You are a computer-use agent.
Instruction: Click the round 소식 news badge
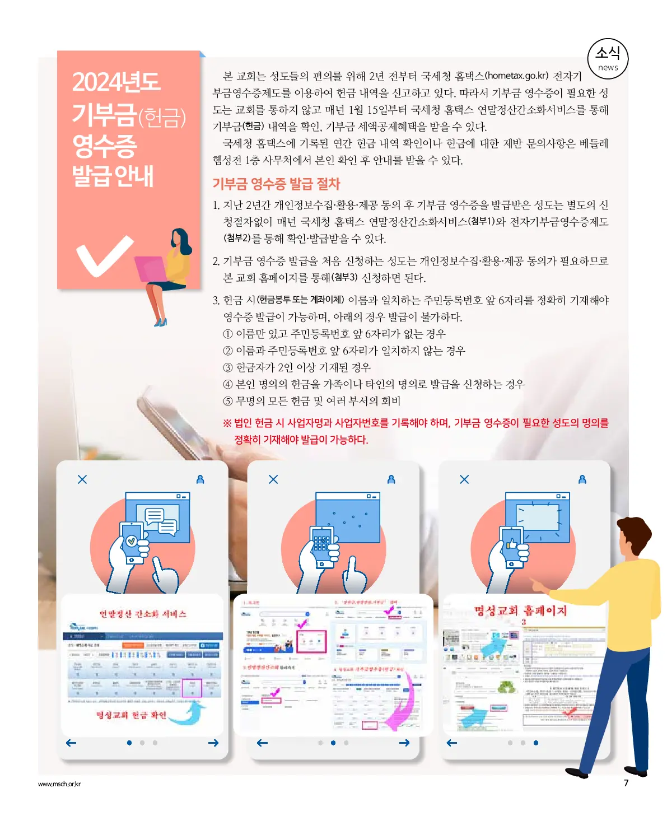pyautogui.click(x=608, y=58)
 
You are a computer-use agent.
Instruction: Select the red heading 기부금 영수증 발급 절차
pyautogui.click(x=276, y=184)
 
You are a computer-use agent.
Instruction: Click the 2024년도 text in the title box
pyautogui.click(x=116, y=82)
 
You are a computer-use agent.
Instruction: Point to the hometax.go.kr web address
pyautogui.click(x=516, y=76)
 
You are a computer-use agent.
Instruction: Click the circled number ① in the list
pyautogui.click(x=228, y=334)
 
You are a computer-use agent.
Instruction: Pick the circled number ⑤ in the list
pyautogui.click(x=228, y=401)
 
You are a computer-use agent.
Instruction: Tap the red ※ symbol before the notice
pyautogui.click(x=227, y=423)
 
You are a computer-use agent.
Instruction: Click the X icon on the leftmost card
pyautogui.click(x=82, y=479)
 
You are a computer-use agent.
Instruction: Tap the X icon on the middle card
pyautogui.click(x=273, y=479)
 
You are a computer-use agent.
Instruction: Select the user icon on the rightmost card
pyautogui.click(x=582, y=479)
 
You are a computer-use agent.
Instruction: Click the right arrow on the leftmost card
pyautogui.click(x=213, y=743)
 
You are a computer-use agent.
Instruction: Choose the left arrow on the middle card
pyautogui.click(x=262, y=743)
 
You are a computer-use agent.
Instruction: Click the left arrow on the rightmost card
pyautogui.click(x=452, y=743)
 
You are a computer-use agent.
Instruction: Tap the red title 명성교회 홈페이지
pyautogui.click(x=520, y=610)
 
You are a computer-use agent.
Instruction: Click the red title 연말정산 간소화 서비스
pyautogui.click(x=143, y=614)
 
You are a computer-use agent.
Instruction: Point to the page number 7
pyautogui.click(x=626, y=783)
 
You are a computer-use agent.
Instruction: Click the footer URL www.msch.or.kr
pyautogui.click(x=59, y=784)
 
